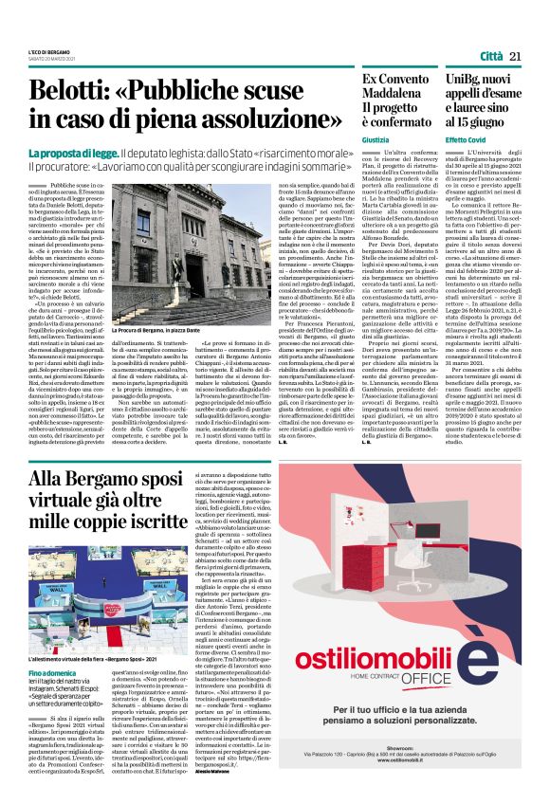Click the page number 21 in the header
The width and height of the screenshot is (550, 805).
click(x=518, y=57)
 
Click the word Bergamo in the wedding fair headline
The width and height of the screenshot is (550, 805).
click(x=118, y=480)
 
